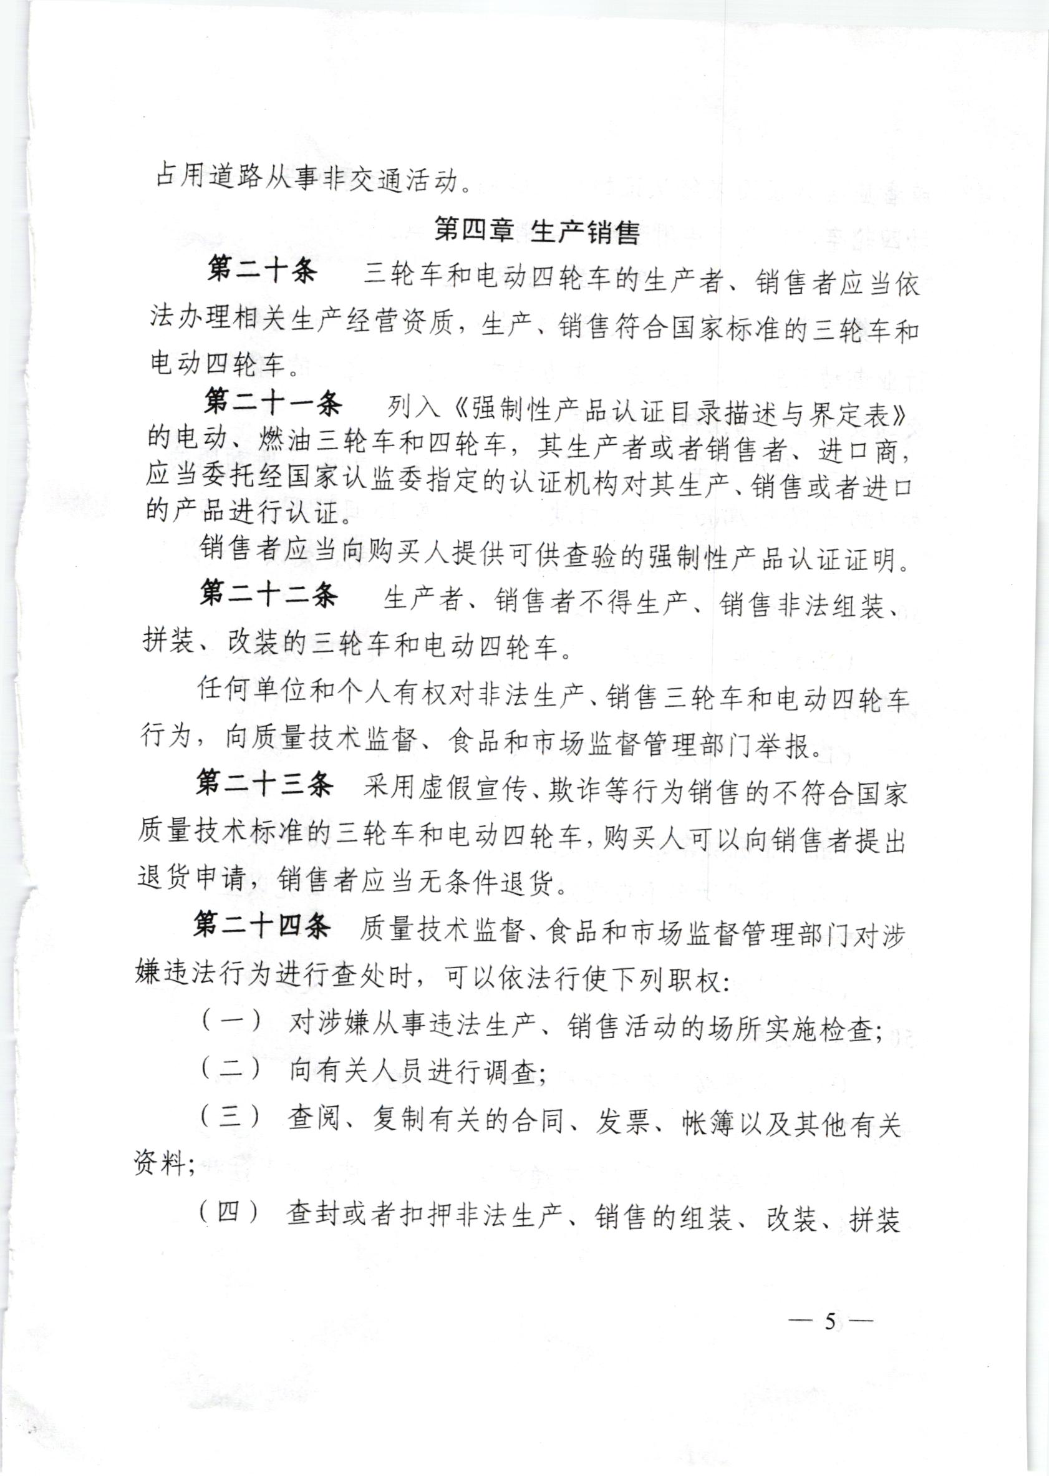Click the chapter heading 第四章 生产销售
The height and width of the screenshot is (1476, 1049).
pyautogui.click(x=537, y=232)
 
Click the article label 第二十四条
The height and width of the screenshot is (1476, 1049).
pyautogui.click(x=261, y=926)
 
